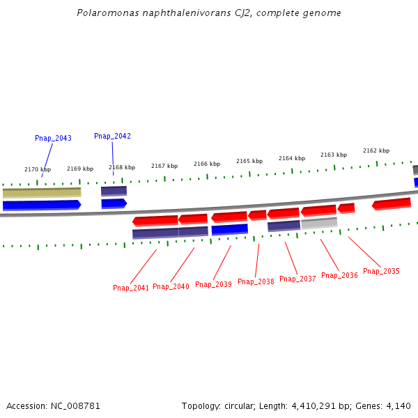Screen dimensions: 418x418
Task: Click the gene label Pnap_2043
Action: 53,139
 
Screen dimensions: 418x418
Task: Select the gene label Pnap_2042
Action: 112,137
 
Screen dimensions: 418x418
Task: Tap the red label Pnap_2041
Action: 131,288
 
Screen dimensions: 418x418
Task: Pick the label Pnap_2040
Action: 171,286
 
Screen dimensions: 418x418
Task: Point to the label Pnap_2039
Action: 213,284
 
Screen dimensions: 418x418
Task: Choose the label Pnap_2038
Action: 256,282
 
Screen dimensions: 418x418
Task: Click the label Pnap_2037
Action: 297,279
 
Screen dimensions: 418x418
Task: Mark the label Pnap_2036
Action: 339,276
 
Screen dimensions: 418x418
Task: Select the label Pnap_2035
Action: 381,272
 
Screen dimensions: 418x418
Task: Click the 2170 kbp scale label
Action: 38,169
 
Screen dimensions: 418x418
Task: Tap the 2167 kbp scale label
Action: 164,166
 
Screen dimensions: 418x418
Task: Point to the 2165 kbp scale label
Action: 249,161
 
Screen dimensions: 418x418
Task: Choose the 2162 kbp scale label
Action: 376,150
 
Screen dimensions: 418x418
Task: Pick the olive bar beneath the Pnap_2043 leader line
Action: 42,192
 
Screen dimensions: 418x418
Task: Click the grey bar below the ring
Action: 319,223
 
